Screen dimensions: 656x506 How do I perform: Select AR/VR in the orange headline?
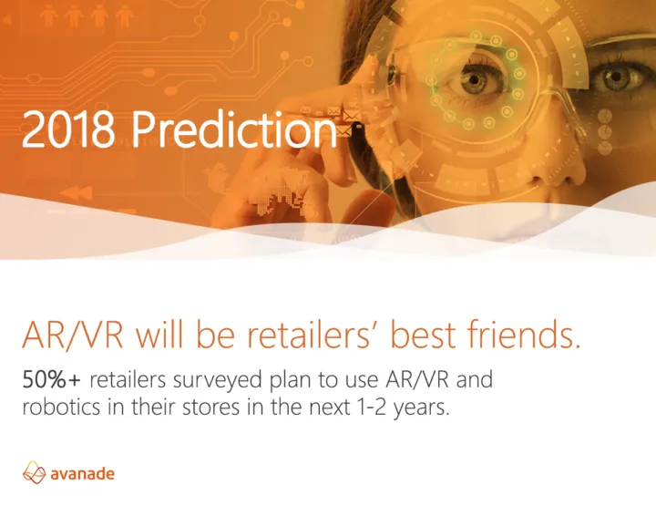point(73,335)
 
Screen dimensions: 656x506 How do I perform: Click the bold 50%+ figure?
point(51,379)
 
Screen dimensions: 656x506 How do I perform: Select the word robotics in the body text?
point(61,407)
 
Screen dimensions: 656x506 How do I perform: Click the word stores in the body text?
point(210,408)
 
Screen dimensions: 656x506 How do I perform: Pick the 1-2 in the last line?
point(366,408)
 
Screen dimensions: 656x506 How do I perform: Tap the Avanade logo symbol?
point(34,472)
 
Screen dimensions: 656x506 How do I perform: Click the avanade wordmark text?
point(82,474)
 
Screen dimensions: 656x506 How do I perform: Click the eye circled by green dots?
point(477,79)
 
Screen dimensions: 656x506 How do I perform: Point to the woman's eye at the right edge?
point(617,78)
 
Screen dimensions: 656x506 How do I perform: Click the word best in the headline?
point(423,335)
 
